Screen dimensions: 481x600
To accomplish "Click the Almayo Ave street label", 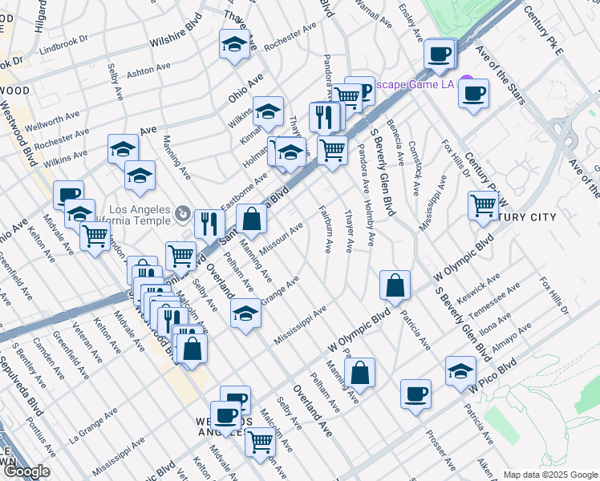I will point(511,330).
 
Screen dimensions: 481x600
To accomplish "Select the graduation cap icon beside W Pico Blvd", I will point(460,371).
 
